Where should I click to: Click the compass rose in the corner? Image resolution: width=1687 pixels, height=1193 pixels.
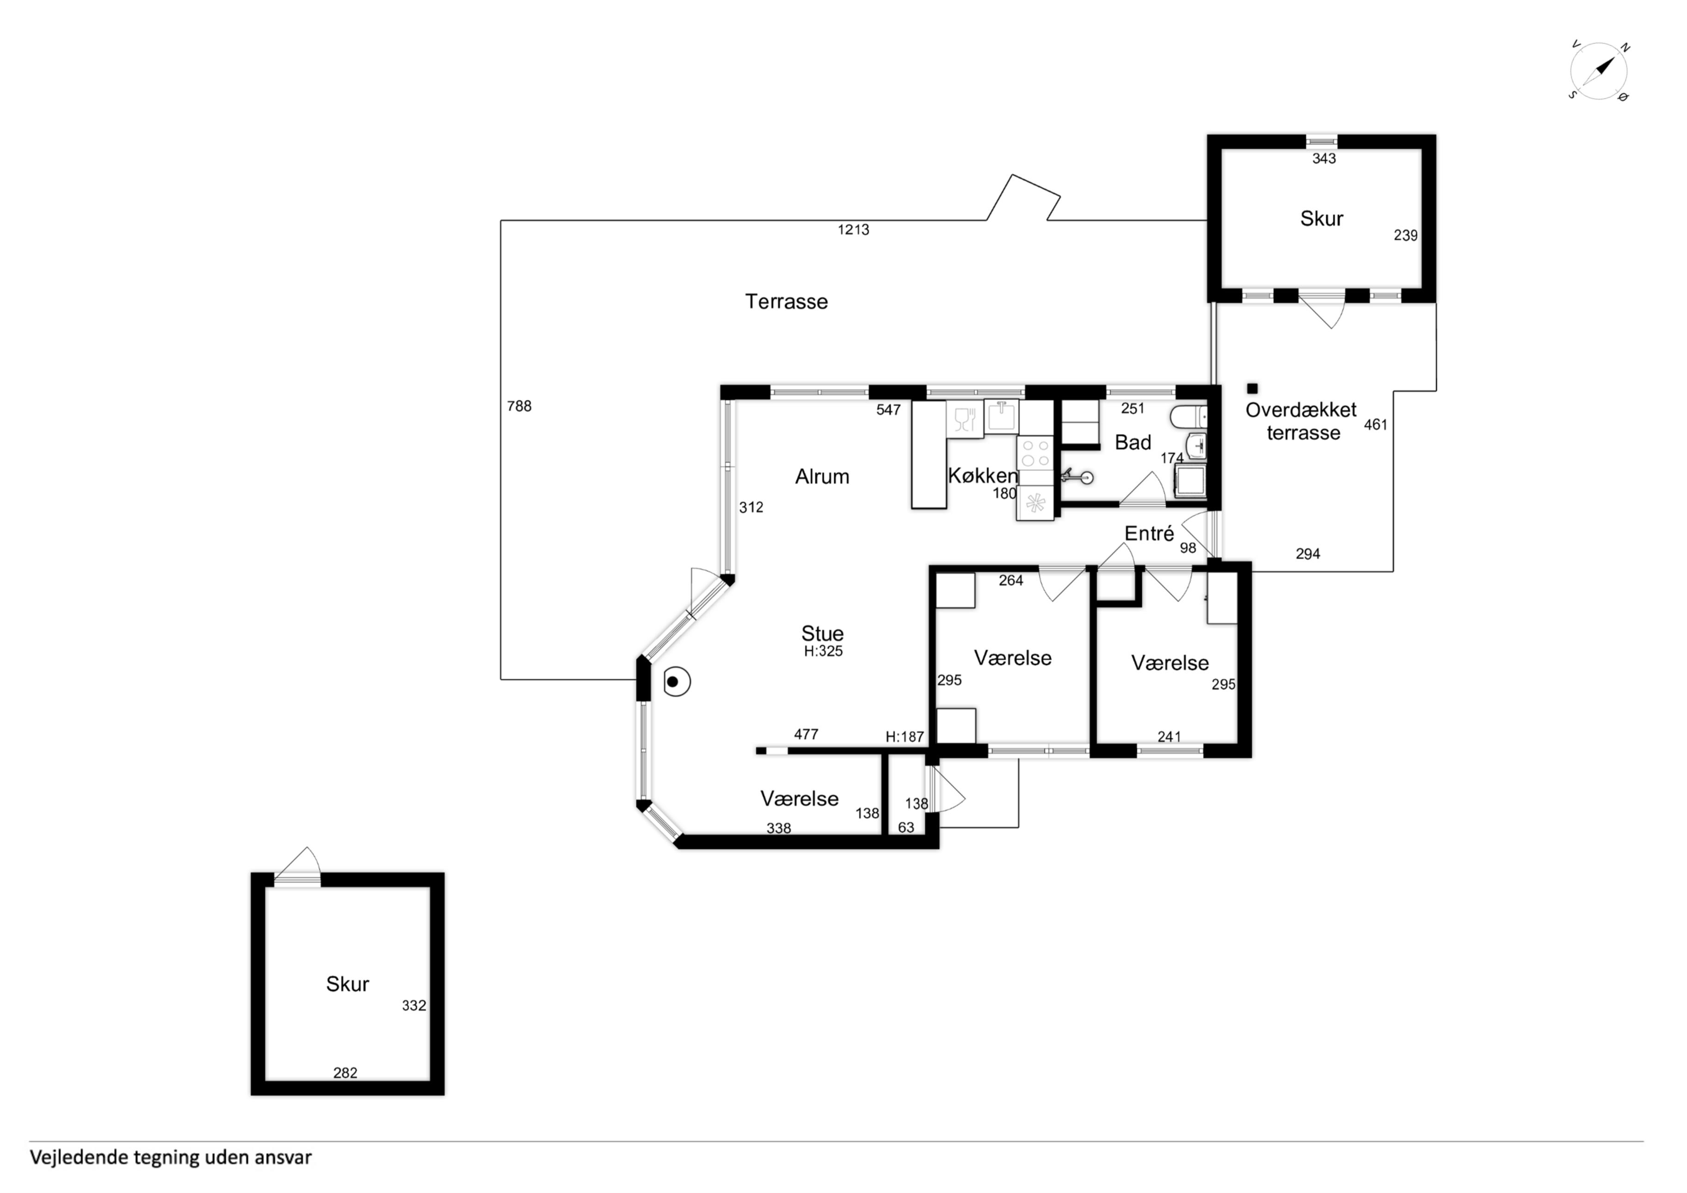(x=1599, y=71)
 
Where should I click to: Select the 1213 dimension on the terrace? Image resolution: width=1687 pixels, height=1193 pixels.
(x=853, y=230)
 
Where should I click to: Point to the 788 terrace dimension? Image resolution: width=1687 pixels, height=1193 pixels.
(x=519, y=406)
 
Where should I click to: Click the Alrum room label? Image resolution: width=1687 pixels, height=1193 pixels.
(x=822, y=476)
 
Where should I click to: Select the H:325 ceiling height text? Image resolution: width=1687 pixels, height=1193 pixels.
(x=823, y=651)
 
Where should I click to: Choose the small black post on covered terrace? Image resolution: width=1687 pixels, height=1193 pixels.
(x=1253, y=388)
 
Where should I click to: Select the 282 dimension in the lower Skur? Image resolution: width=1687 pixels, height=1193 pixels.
(x=345, y=1073)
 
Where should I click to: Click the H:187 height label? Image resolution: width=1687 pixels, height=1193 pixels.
(x=905, y=736)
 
